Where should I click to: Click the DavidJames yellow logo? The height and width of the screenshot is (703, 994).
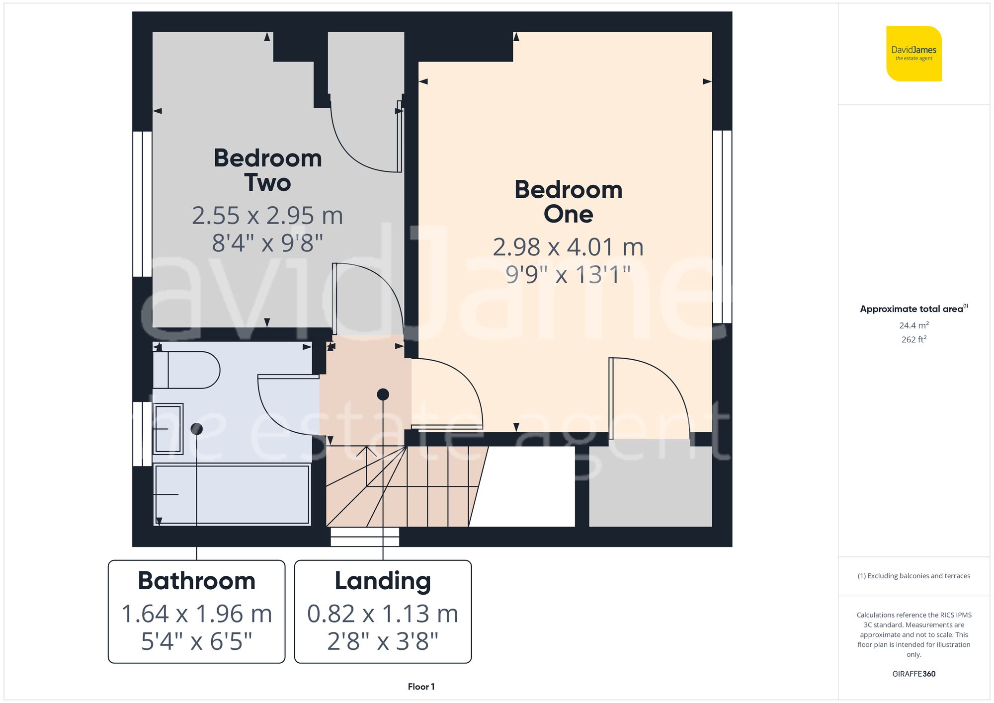(913, 54)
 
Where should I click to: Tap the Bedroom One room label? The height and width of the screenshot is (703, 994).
(568, 202)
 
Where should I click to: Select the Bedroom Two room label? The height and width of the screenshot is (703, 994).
(267, 170)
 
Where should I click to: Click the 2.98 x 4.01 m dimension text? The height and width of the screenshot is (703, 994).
(568, 247)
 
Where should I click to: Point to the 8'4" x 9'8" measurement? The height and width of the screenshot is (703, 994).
(267, 243)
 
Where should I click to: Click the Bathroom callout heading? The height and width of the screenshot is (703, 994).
(196, 581)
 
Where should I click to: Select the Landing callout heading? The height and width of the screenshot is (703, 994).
(383, 581)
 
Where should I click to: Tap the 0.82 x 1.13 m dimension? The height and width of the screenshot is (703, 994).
(383, 614)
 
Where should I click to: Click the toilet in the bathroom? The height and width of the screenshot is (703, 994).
(186, 370)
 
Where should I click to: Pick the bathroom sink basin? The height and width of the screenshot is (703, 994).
(168, 429)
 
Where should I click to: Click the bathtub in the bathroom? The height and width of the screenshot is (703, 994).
(232, 494)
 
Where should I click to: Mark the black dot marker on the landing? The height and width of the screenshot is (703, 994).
(383, 394)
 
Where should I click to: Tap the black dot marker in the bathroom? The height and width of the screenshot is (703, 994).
(197, 429)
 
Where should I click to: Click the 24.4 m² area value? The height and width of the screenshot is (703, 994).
(913, 325)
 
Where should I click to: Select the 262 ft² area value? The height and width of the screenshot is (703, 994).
(913, 339)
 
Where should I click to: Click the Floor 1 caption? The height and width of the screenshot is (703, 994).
(421, 687)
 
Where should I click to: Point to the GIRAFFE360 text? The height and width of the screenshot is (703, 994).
(913, 674)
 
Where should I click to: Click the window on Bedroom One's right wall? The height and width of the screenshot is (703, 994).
(722, 227)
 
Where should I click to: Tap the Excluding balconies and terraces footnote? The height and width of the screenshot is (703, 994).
(913, 576)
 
